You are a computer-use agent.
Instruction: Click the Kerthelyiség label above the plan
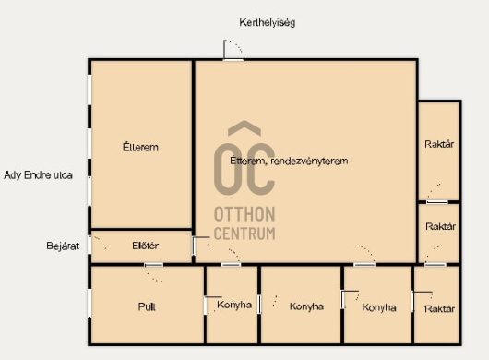[267, 23]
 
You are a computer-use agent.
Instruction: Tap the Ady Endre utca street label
[38, 175]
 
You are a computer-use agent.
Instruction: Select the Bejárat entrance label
[63, 246]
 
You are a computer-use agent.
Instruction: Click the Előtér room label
[146, 246]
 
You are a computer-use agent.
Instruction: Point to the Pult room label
[147, 306]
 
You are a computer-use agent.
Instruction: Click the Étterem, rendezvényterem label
[289, 161]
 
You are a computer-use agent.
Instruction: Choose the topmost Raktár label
[439, 144]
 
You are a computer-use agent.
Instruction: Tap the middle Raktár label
[440, 226]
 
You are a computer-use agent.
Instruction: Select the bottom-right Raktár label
[439, 309]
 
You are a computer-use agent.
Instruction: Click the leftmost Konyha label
[234, 305]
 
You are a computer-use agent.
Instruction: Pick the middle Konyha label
[306, 306]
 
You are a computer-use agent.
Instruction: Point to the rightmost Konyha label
[379, 307]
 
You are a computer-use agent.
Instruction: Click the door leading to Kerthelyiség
[233, 59]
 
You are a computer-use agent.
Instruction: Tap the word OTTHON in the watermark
[244, 214]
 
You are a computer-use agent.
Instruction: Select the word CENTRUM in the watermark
[244, 234]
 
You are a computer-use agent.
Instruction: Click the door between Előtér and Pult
[154, 265]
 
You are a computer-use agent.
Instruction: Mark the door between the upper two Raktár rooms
[437, 202]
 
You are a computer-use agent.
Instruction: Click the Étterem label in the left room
[140, 147]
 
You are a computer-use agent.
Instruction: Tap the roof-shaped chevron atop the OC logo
[244, 128]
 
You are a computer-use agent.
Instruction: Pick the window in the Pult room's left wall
[89, 303]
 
